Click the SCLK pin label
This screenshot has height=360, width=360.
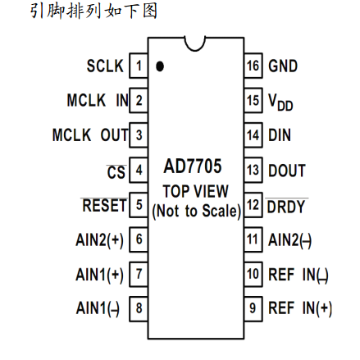click(106, 66)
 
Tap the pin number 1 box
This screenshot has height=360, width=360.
click(139, 66)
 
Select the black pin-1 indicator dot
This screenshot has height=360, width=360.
click(159, 66)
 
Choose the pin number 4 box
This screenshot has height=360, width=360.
click(139, 171)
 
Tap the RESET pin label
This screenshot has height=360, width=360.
click(104, 204)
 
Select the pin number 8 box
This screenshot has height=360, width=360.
click(139, 308)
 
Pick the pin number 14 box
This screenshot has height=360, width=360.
click(253, 135)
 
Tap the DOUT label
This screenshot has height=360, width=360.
click(286, 171)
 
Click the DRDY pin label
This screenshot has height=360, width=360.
click(286, 205)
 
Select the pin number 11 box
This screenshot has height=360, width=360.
click(253, 239)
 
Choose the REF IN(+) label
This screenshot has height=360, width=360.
click(300, 308)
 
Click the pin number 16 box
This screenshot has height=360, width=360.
click(253, 66)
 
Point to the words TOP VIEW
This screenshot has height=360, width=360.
click(195, 191)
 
